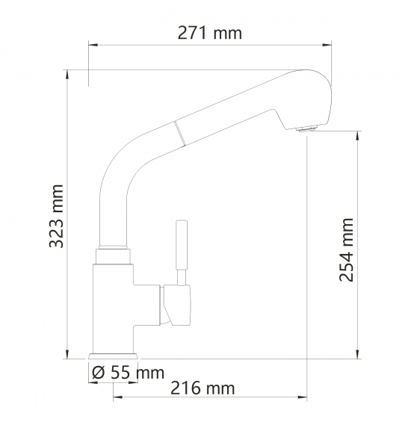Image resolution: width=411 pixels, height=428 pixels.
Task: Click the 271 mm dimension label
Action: [x=210, y=34]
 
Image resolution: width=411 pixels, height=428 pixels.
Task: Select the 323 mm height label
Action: [x=57, y=216]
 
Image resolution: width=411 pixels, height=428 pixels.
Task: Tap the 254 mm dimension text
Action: [x=346, y=249]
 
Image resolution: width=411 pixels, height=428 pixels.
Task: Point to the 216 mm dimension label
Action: [x=203, y=388]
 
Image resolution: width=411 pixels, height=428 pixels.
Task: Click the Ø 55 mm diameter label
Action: [x=129, y=372]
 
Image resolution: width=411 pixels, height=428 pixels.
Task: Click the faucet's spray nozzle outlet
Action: [x=307, y=128]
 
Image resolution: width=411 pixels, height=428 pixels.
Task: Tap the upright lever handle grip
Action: [x=182, y=244]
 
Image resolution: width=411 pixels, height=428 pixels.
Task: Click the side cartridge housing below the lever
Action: [x=176, y=305]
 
